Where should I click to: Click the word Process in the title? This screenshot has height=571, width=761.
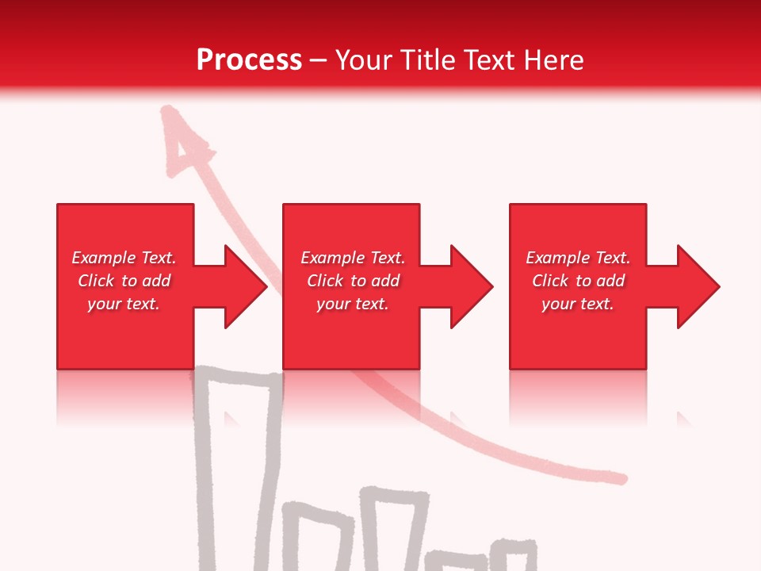(x=249, y=60)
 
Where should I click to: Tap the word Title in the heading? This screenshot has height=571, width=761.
(x=426, y=60)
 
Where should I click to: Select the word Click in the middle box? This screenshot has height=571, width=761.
(x=324, y=281)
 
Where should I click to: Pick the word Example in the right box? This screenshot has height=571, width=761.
(x=557, y=258)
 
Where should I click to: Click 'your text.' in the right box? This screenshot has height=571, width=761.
(x=577, y=304)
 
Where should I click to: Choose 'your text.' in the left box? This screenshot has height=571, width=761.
(x=123, y=304)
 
